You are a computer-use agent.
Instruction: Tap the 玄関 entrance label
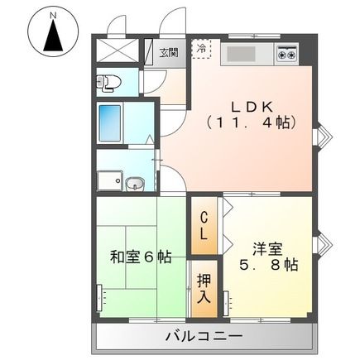click(x=168, y=53)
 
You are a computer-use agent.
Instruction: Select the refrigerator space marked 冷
click(x=202, y=50)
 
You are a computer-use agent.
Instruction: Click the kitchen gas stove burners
click(x=287, y=55)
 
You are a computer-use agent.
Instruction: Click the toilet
click(x=106, y=82)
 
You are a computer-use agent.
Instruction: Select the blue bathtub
click(x=109, y=122)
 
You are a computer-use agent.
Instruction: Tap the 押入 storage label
click(x=203, y=288)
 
